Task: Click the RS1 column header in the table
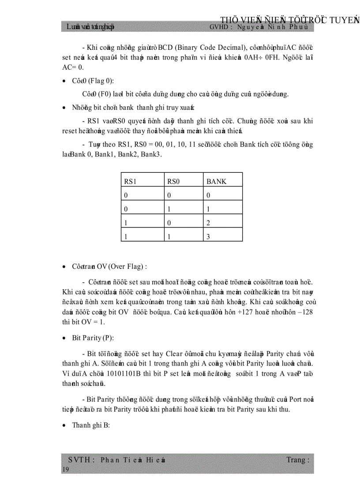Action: [x=131, y=182]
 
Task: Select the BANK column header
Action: [x=216, y=182]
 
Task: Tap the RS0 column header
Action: [x=174, y=182]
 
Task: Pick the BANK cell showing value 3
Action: [x=209, y=237]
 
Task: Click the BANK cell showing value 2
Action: [x=209, y=223]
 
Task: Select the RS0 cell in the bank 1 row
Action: [x=169, y=209]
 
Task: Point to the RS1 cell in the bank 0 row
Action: [x=126, y=195]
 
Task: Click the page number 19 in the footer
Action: [x=66, y=470]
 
